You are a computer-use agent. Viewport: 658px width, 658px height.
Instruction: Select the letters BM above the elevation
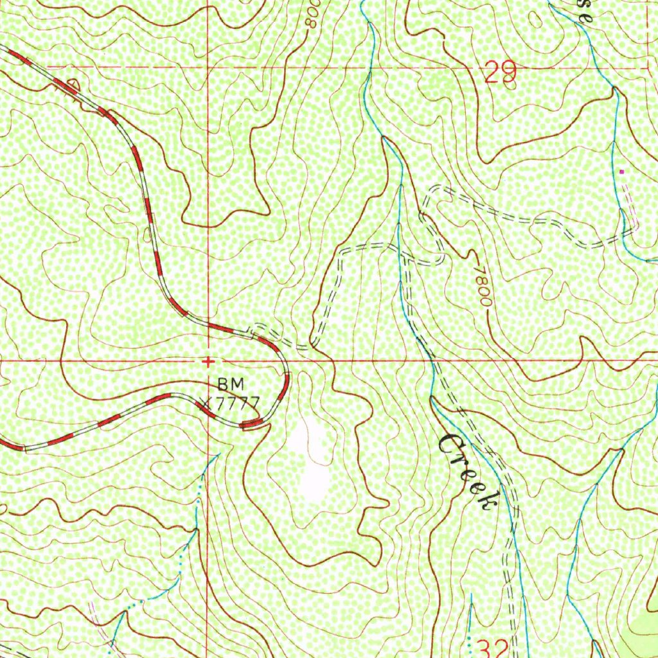click(231, 384)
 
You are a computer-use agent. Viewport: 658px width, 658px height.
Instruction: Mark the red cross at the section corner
click(208, 362)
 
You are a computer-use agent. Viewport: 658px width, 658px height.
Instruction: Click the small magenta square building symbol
click(621, 172)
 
